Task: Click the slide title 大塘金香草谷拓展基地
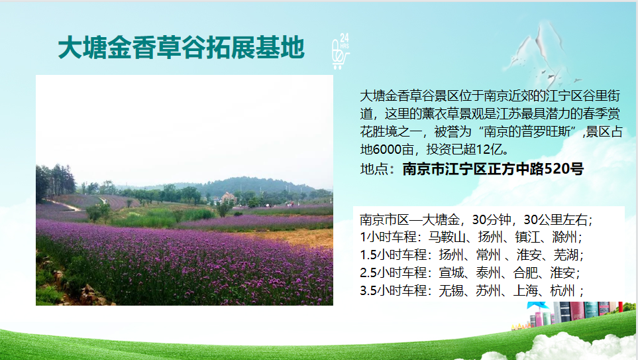182,47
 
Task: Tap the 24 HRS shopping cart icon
341,51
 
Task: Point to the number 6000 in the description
387,149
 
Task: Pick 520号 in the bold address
564,168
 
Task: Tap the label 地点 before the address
372,168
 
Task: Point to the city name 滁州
564,237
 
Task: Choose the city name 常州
488,255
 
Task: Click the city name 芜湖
566,255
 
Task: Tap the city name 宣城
451,272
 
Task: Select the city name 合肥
525,272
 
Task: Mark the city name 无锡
451,290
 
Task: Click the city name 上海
525,290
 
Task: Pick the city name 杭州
562,290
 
